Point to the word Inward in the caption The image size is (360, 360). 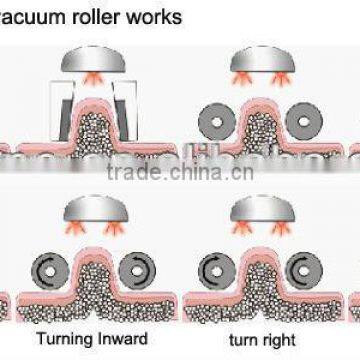point(126,338)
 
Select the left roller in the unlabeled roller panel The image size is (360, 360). point(217,118)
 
